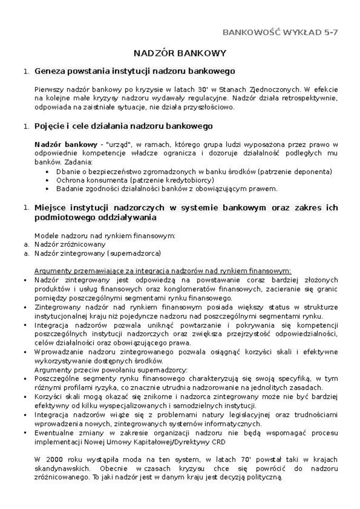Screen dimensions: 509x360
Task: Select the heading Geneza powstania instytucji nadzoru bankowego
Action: click(x=135, y=71)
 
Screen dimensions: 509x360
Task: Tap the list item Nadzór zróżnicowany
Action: click(x=70, y=244)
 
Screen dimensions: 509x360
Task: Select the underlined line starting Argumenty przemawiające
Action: click(x=162, y=271)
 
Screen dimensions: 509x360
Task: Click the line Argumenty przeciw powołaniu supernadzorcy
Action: click(x=111, y=369)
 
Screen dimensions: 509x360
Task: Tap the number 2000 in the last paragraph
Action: click(x=58, y=459)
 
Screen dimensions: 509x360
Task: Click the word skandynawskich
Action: click(x=59, y=469)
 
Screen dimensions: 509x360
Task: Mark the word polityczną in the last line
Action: click(x=262, y=477)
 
